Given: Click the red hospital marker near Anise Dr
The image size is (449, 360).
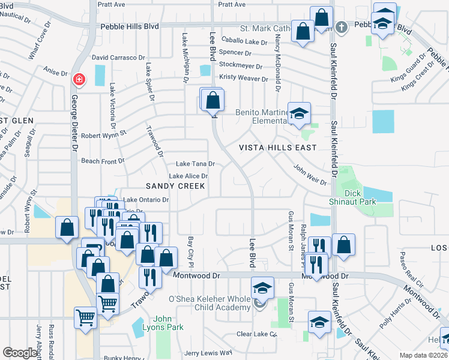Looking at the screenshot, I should coord(79,80).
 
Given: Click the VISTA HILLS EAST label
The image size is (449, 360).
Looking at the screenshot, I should coord(278,148).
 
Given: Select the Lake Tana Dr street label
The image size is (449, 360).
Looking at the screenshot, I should coord(195,164).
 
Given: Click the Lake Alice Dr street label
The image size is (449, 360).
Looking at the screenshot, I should coord(188,176).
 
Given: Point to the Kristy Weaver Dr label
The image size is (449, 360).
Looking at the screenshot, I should coord(243,79).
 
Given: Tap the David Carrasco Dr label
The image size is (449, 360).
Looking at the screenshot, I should coord(118,58).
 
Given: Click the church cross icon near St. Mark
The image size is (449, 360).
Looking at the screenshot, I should coord(341,27).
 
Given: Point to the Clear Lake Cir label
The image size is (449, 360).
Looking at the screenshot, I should coord(256,334).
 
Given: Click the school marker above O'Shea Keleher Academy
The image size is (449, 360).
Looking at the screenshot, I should coord(262,288).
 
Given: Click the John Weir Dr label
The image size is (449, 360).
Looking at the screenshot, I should coord(310,175).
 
